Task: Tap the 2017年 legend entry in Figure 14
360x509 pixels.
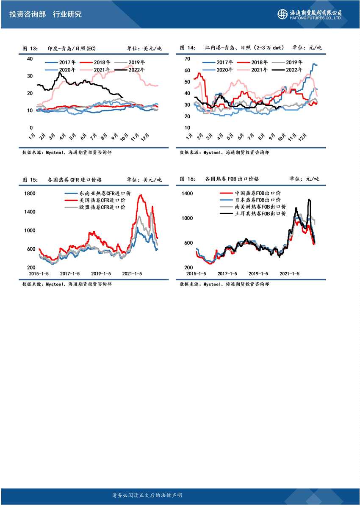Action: tap(224, 62)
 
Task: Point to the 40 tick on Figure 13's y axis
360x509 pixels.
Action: tap(30, 58)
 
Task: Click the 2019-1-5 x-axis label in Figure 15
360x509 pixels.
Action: tap(101, 274)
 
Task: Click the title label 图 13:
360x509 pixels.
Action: tap(30, 48)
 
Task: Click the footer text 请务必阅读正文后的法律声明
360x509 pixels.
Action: tap(147, 495)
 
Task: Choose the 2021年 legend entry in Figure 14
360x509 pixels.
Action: tap(255, 70)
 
